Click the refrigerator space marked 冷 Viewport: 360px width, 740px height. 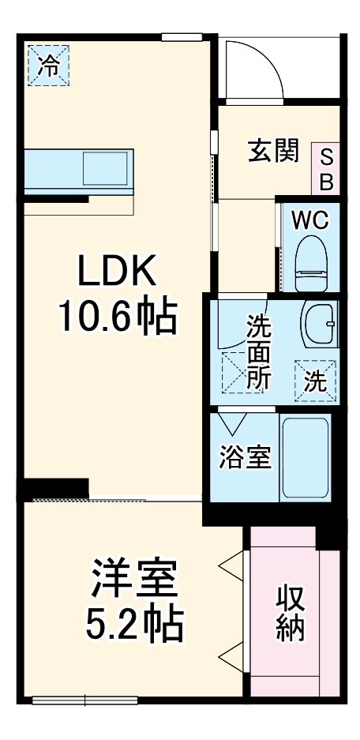pos(49,66)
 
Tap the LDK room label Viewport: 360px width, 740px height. pos(117,270)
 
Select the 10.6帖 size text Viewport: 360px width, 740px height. pos(118,317)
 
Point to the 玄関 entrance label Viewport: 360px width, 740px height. pos(274,152)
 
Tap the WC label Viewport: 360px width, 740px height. pos(309,220)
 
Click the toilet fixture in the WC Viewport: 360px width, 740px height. pos(311,263)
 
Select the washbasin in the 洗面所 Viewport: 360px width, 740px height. pos(320,324)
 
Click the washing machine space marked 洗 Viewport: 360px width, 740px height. pos(315,381)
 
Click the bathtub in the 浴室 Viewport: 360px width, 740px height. pos(306,457)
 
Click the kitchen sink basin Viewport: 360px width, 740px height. pos(105,168)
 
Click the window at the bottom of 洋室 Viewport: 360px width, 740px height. pos(85,701)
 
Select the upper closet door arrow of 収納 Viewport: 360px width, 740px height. pos(231,565)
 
